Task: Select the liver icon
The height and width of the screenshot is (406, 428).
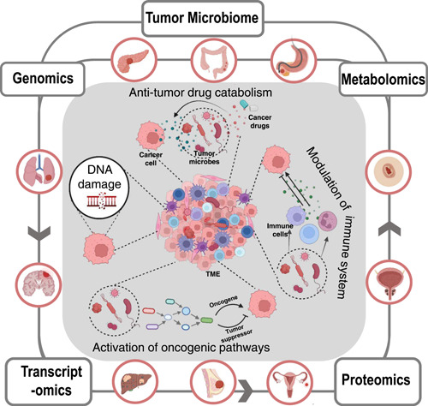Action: point(137,381)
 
